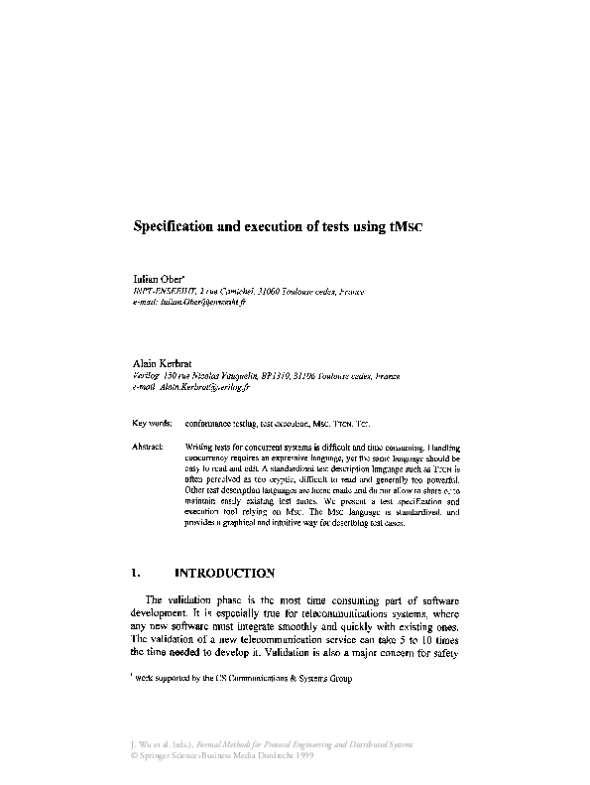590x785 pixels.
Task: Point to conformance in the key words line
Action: tap(215, 422)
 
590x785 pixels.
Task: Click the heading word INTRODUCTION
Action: tap(223, 574)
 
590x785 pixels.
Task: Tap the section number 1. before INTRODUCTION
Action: tap(137, 574)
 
